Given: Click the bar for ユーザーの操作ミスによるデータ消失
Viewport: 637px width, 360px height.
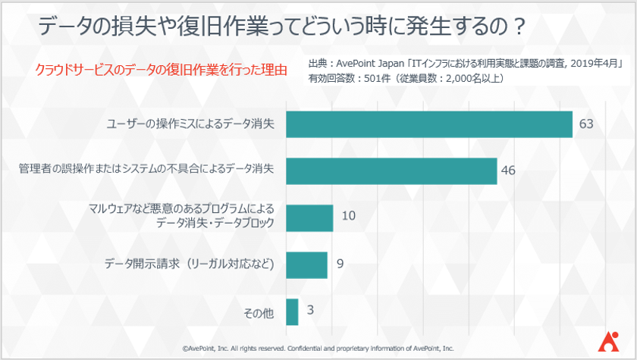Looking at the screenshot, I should tap(428, 124).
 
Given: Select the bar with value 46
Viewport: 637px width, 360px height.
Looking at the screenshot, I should tap(391, 171).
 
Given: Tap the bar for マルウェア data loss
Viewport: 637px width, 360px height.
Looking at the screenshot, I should tap(309, 218).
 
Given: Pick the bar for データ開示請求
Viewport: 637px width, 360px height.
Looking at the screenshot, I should tap(306, 265).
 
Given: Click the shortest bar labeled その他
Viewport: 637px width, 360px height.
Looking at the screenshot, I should tap(292, 311).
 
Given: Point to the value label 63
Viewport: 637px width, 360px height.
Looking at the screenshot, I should tap(585, 124).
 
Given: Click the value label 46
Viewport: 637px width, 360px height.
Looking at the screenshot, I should tap(508, 171).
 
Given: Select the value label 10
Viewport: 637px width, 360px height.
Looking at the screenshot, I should tap(348, 217).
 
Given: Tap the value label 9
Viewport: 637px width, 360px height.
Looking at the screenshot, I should tap(340, 265).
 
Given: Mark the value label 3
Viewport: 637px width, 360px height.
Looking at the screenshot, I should tap(312, 311).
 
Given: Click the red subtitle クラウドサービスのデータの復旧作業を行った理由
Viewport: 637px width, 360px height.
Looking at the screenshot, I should tap(161, 70).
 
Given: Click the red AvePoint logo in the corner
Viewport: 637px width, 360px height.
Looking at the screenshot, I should tap(607, 343).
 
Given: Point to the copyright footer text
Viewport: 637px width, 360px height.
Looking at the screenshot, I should tap(318, 349).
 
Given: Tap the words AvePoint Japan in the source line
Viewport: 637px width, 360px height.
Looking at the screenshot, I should tap(370, 64).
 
